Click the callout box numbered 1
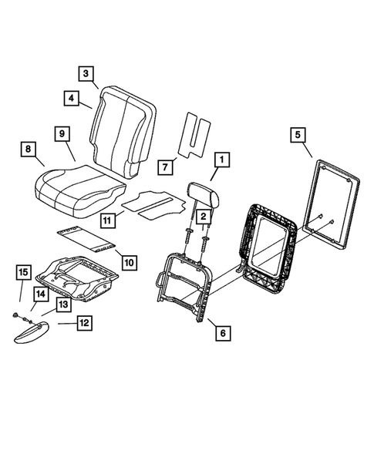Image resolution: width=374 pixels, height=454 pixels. pos(221,160)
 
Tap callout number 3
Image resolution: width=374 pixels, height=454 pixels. pos(86,74)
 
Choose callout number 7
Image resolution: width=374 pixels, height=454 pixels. pos(163,166)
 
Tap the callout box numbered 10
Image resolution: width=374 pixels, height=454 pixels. pos(128,262)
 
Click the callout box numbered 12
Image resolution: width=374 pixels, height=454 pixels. pos(83,323)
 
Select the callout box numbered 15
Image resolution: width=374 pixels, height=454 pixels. pos(23,273)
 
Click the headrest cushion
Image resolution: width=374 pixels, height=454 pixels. pos(206,195)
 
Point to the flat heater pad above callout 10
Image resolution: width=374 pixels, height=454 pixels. pos(86,238)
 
